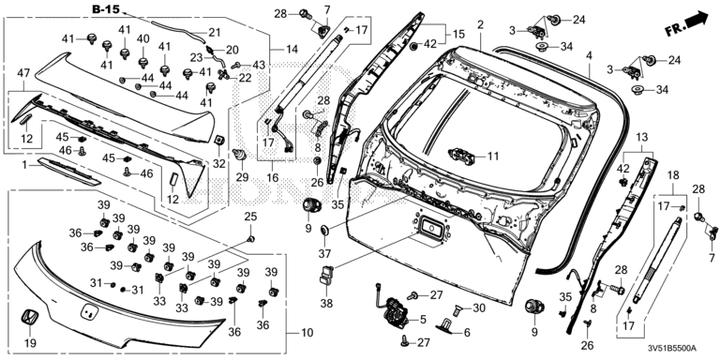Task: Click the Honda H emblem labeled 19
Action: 31,319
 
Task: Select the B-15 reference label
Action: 106,8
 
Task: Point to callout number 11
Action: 493,157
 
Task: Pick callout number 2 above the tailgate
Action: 480,24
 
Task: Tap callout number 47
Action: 23,73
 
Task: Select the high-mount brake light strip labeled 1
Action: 68,171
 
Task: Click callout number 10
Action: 306,332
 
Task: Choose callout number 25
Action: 250,217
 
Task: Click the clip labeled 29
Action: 239,155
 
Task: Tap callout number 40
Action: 142,38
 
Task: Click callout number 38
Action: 325,304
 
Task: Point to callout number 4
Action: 589,55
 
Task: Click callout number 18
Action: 673,175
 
